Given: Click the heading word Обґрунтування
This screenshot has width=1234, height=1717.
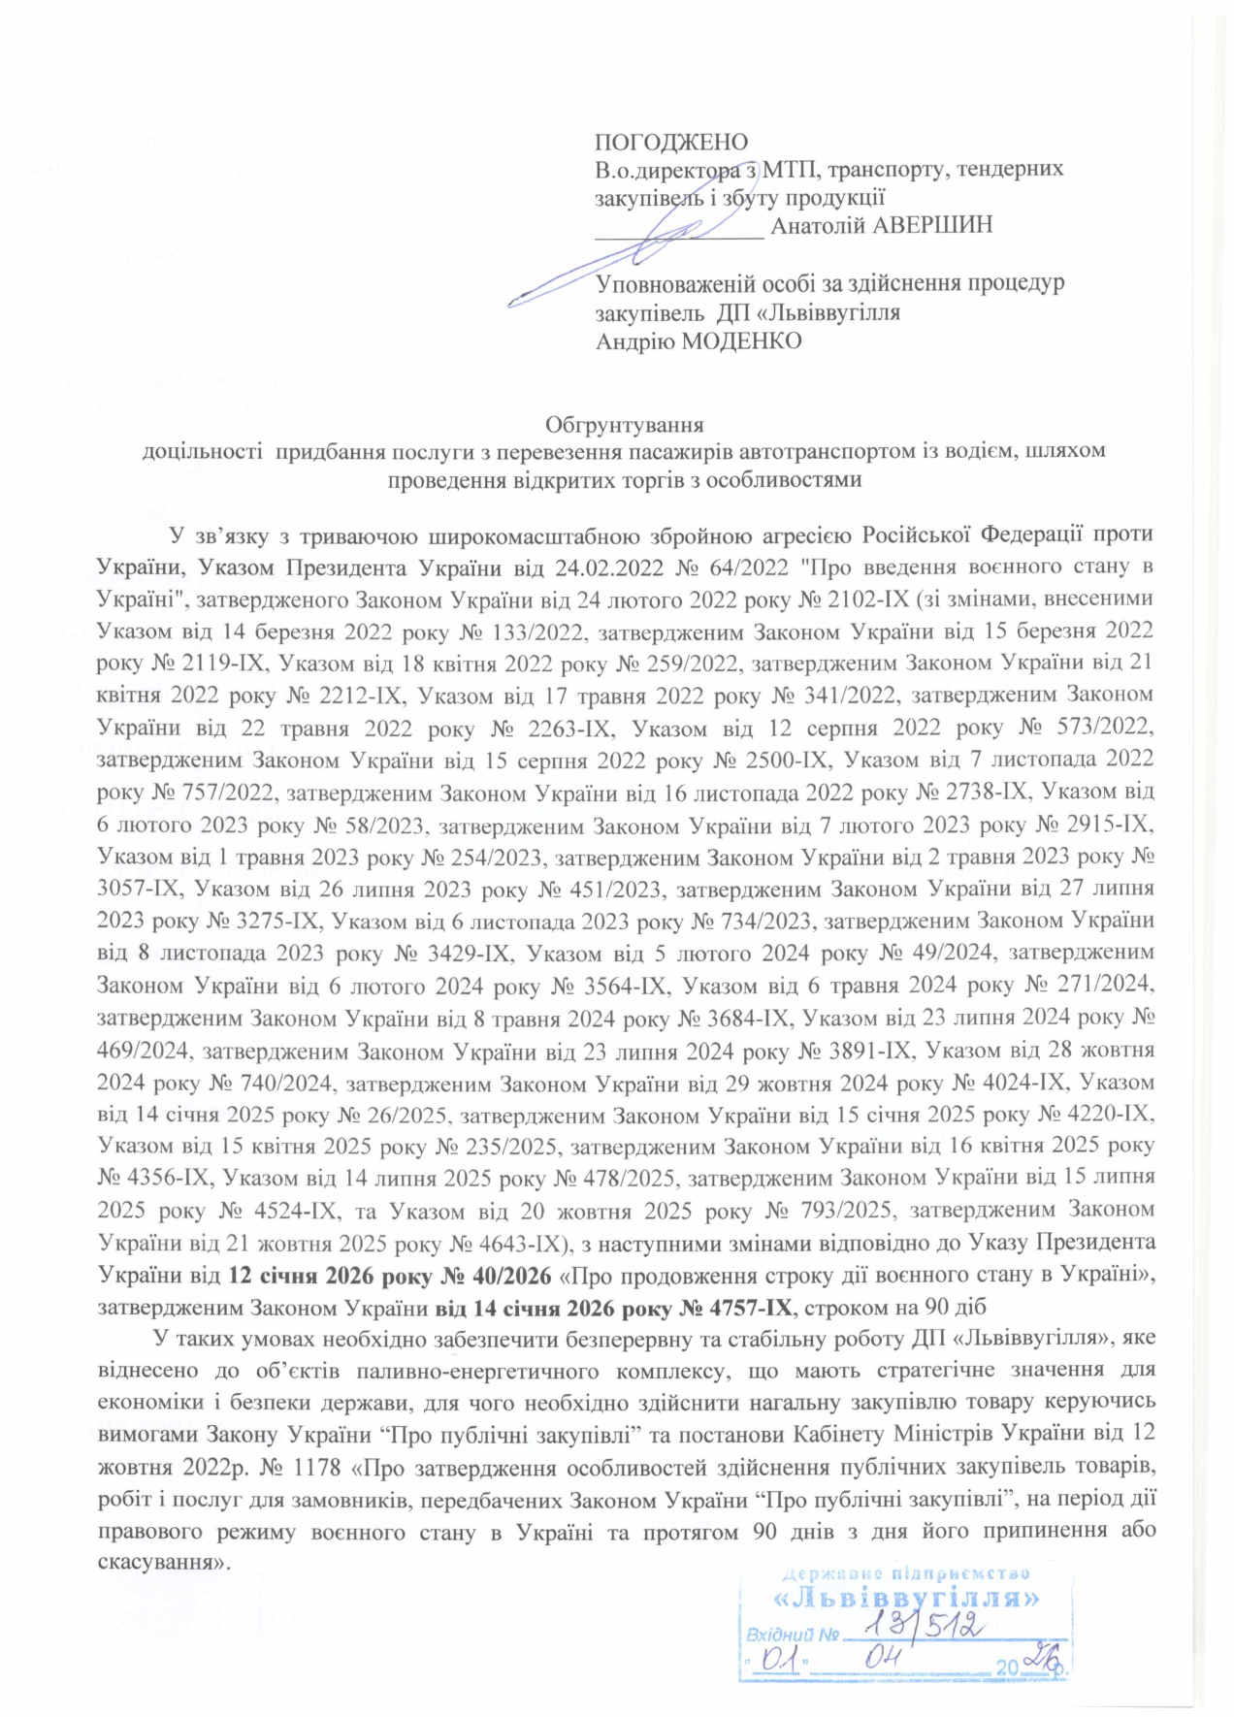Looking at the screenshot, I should tap(624, 425).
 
